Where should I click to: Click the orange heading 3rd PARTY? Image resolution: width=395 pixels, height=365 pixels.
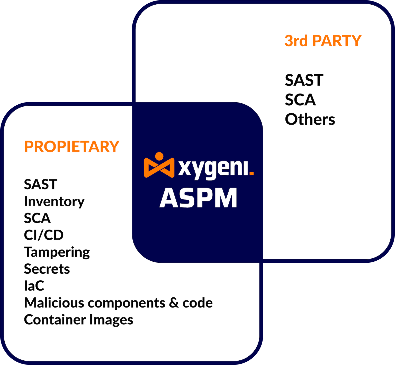[x=323, y=41]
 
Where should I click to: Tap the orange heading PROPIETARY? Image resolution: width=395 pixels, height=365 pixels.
[x=72, y=147]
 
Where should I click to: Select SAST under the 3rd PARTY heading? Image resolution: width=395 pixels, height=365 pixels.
[x=304, y=80]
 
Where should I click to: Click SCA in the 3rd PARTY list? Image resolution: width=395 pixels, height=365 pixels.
[x=300, y=100]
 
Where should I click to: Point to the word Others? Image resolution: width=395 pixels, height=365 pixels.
[x=310, y=119]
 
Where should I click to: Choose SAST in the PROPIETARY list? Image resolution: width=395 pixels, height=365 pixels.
[x=41, y=184]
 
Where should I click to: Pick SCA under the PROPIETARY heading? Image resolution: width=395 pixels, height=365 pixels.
[x=37, y=218]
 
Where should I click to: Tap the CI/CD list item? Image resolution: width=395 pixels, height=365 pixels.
[x=44, y=235]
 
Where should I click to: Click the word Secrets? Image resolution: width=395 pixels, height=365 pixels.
[x=47, y=269]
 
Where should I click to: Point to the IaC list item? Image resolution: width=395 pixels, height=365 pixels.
[x=34, y=286]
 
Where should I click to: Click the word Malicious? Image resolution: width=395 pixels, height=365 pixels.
[x=54, y=303]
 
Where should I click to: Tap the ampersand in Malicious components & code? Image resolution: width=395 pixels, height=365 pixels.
[x=174, y=303]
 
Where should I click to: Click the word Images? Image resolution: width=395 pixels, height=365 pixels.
[x=111, y=320]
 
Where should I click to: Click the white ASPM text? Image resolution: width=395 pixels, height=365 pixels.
[x=198, y=198]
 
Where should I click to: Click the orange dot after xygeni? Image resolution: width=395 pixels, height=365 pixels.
[x=252, y=174]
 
